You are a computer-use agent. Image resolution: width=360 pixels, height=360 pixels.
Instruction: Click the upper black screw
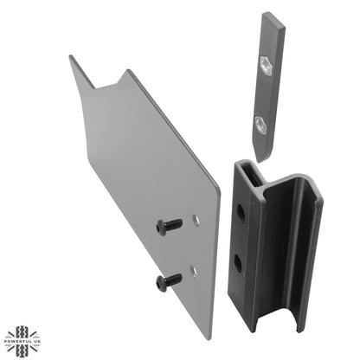tap(170, 225)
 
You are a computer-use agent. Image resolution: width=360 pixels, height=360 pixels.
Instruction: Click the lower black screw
tap(170, 280)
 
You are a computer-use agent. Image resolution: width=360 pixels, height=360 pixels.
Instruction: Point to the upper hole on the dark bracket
tap(242, 210)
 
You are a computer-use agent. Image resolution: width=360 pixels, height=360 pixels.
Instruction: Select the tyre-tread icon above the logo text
tap(21, 334)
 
